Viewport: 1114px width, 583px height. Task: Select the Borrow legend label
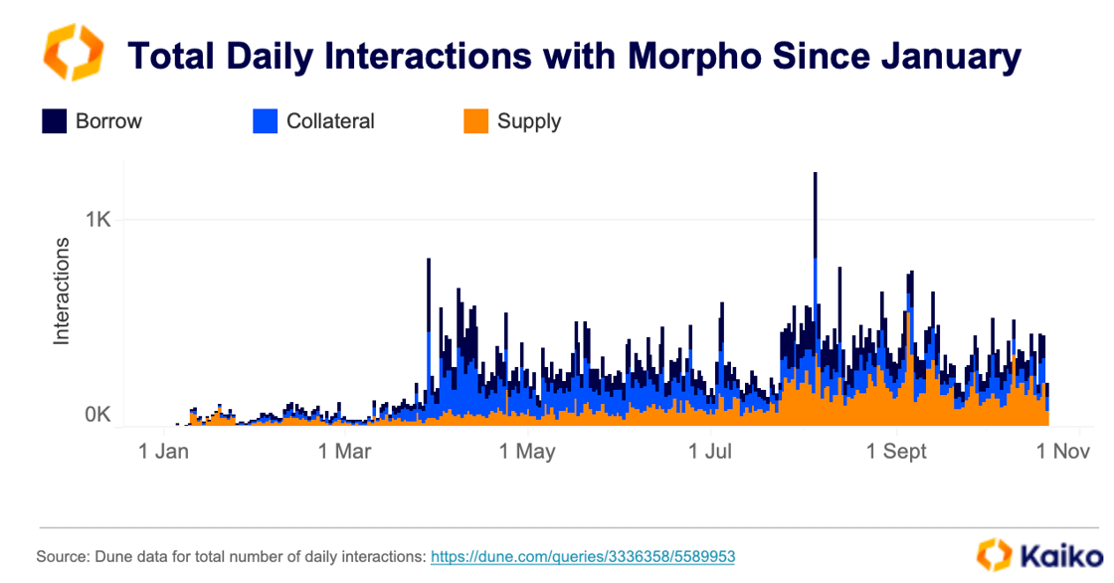pyautogui.click(x=108, y=121)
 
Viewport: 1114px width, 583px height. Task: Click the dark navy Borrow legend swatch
pyautogui.click(x=54, y=121)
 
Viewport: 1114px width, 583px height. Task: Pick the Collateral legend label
pyautogui.click(x=330, y=121)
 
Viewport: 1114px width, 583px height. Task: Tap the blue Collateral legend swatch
pyautogui.click(x=265, y=121)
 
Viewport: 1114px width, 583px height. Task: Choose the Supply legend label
pyautogui.click(x=529, y=121)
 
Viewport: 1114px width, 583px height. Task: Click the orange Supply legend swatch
pyautogui.click(x=476, y=121)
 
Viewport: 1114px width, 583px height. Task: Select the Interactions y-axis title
pyautogui.click(x=62, y=291)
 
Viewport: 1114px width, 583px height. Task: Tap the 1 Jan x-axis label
pyautogui.click(x=164, y=452)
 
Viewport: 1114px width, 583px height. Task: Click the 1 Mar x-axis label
pyautogui.click(x=344, y=452)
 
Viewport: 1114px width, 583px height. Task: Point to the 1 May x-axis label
pyautogui.click(x=527, y=452)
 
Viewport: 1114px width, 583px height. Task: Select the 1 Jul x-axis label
pyautogui.click(x=710, y=452)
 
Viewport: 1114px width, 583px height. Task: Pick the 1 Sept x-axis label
pyautogui.click(x=896, y=452)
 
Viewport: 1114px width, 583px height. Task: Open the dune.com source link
pyautogui.click(x=582, y=556)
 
